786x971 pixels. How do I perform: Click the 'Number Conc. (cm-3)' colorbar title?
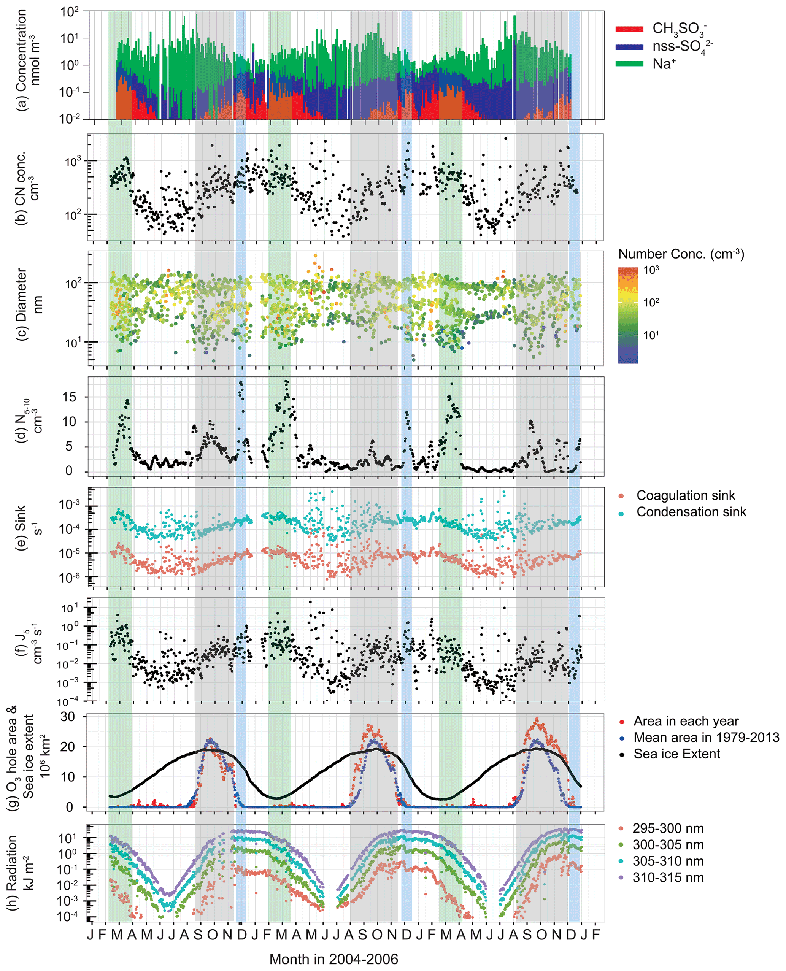pos(681,254)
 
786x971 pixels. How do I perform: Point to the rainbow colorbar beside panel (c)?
pos(627,315)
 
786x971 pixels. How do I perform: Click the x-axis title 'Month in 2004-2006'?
pos(334,959)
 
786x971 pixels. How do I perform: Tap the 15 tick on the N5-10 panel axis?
pos(69,397)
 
